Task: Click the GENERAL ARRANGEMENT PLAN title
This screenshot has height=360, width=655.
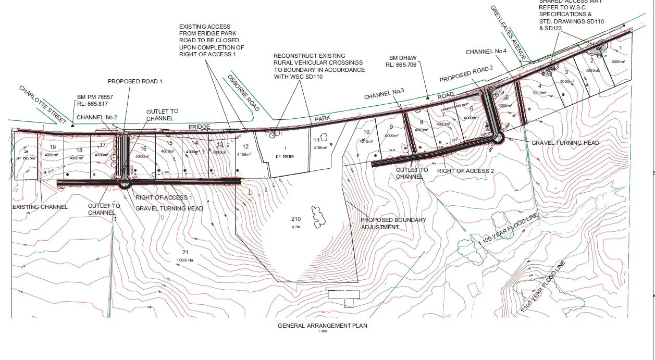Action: click(322, 326)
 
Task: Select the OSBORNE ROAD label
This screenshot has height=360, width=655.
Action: click(243, 93)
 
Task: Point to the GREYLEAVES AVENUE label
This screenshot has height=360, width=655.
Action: click(509, 32)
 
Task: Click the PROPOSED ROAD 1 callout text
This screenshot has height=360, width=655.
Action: click(135, 81)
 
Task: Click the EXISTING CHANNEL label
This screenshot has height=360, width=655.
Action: click(40, 207)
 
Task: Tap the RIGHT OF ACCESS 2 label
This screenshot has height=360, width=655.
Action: click(465, 170)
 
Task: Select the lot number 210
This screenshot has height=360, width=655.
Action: click(296, 219)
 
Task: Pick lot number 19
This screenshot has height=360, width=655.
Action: click(52, 148)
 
